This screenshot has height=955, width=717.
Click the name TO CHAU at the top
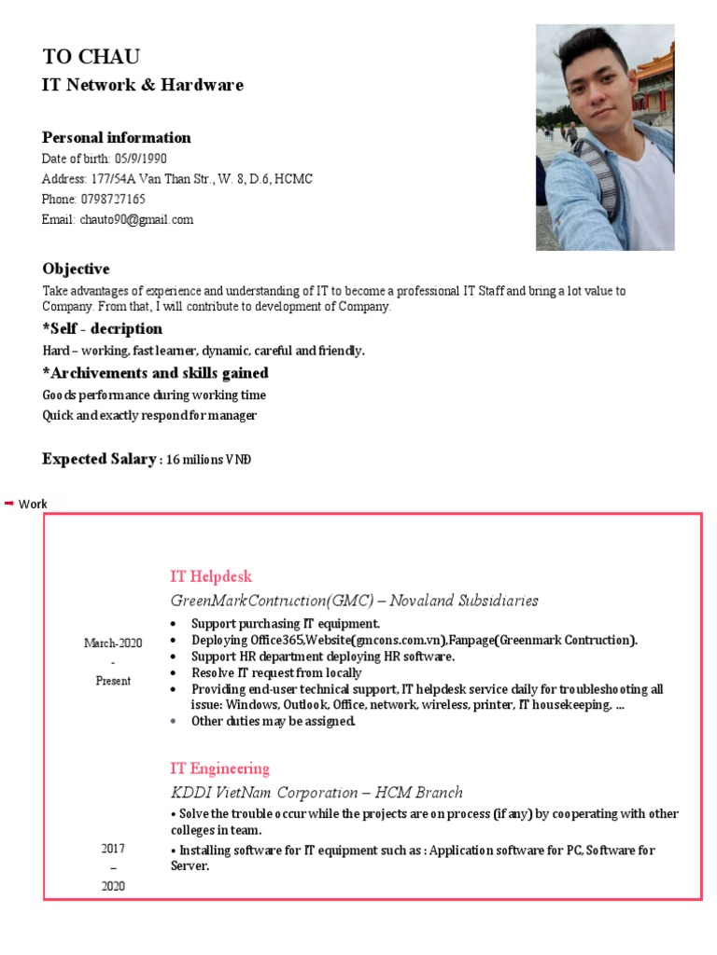point(91,56)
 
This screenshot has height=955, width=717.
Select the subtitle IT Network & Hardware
point(142,85)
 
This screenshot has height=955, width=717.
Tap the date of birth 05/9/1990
point(141,159)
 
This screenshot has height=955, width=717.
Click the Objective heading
point(76,269)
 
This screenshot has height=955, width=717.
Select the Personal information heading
point(116,137)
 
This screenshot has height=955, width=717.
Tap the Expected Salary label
point(98,459)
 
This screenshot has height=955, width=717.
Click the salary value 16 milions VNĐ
point(209,460)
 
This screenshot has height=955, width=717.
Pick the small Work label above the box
point(33,504)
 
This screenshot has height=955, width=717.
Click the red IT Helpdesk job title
point(211,576)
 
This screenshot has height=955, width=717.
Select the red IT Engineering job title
point(219,768)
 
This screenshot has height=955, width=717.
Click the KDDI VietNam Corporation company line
point(316,793)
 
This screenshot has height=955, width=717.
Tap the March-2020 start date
point(113,644)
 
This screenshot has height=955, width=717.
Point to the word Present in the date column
point(113,681)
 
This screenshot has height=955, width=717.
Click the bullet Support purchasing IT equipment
point(285,623)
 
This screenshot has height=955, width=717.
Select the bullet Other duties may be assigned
point(273,721)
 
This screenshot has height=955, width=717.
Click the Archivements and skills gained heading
point(155,373)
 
